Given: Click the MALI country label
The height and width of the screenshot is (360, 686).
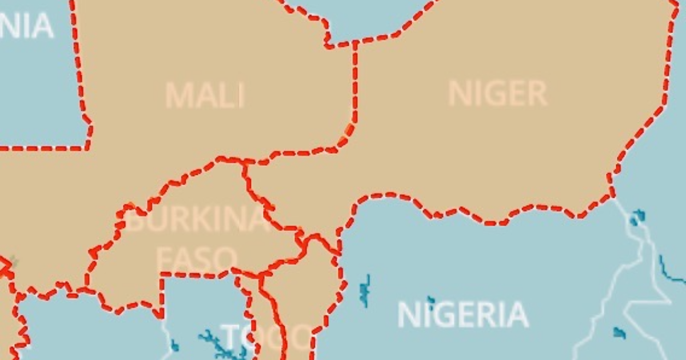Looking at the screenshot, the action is (x=205, y=95).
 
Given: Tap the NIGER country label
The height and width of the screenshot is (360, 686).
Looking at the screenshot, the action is (x=497, y=94).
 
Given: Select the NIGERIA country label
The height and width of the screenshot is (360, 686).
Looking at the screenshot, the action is (x=462, y=315).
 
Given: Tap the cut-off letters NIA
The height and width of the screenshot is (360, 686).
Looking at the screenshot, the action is (x=26, y=26).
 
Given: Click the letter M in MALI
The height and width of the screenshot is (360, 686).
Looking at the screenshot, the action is (x=179, y=95).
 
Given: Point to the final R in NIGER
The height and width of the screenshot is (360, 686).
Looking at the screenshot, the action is (x=537, y=94).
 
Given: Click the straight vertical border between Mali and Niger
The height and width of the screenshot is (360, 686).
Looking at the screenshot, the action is (x=355, y=86).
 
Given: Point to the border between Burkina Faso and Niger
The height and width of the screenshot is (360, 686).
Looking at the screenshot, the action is (x=269, y=211).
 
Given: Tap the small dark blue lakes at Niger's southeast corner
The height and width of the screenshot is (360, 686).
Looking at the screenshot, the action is (x=637, y=218).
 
